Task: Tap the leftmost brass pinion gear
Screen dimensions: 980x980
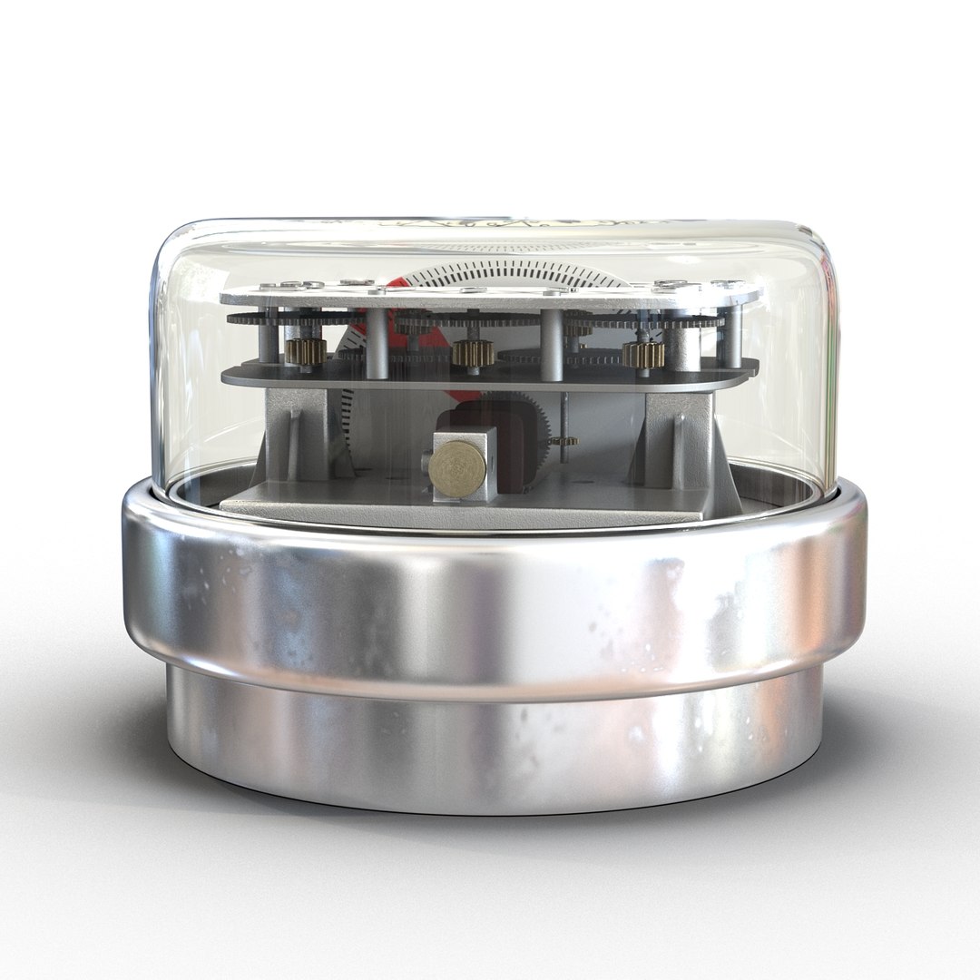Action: pos(302,351)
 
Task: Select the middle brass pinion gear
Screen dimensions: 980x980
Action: pos(473,353)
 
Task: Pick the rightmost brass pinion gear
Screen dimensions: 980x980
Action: pos(643,352)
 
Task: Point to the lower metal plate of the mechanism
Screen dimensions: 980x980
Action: pos(490,375)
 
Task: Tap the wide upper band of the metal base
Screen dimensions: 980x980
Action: pos(490,603)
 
